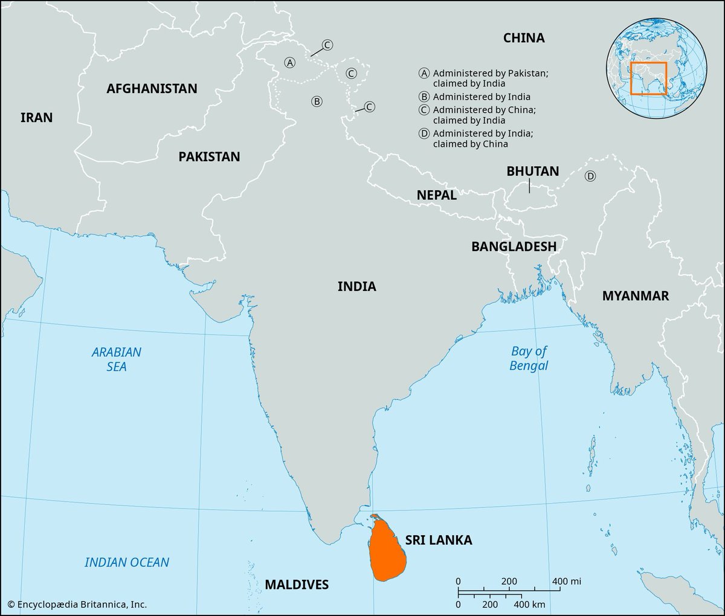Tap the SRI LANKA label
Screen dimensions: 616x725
pos(438,540)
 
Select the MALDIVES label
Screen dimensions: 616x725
pos(297,584)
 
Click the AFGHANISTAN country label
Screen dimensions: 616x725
pos(152,89)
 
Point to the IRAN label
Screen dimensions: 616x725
pos(37,117)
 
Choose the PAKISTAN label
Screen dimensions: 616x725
pos(209,156)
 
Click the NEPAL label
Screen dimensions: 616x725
pos(436,195)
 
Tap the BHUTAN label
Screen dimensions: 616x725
pos(532,171)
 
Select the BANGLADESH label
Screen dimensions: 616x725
pos(514,246)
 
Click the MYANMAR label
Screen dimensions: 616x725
pos(635,295)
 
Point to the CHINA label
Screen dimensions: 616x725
pos(524,38)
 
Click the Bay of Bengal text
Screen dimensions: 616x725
pos(529,358)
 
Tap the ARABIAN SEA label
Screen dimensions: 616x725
pos(117,359)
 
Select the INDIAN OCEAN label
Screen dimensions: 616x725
pos(127,562)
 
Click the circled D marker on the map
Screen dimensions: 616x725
pos(590,176)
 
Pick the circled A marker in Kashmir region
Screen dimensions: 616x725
pos(290,62)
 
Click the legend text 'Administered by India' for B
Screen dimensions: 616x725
pos(482,97)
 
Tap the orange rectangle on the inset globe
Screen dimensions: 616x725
pos(648,78)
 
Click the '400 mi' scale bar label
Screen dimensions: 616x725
pos(566,581)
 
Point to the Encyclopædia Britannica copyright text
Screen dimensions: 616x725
pos(77,604)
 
